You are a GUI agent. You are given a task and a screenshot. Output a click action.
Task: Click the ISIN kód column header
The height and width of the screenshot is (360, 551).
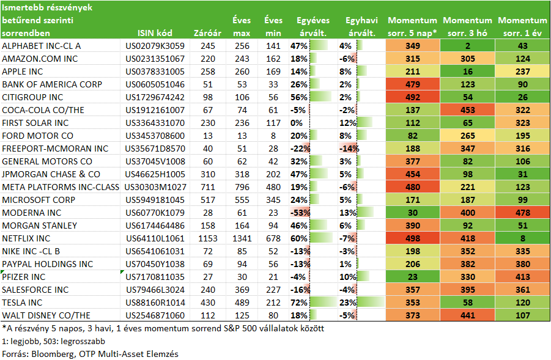(x=155, y=33)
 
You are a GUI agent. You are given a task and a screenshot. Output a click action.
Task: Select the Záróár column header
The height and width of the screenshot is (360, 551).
(x=207, y=33)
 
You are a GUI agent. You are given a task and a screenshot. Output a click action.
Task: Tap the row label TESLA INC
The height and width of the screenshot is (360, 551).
(x=22, y=303)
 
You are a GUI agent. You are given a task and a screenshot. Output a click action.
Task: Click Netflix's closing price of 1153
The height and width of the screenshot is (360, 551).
(x=208, y=238)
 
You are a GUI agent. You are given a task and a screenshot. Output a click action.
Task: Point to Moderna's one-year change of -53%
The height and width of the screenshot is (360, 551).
(x=300, y=213)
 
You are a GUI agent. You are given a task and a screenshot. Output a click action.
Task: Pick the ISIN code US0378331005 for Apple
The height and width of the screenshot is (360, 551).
(x=155, y=72)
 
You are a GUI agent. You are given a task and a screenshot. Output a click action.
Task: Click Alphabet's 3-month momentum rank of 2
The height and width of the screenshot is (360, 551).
(x=468, y=46)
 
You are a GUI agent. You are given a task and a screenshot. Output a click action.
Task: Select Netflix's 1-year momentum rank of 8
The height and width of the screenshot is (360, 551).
(x=522, y=238)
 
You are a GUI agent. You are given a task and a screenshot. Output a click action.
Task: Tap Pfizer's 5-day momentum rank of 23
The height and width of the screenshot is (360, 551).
(x=413, y=277)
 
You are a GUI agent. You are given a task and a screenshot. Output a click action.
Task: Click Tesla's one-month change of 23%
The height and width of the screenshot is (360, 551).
(x=348, y=303)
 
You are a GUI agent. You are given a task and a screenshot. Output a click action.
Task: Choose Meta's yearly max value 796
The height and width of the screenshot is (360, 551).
(x=242, y=187)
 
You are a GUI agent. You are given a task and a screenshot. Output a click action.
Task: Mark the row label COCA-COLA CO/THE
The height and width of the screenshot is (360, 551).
(x=43, y=110)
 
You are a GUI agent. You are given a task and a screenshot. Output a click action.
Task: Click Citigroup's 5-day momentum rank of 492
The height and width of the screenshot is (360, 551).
(x=413, y=97)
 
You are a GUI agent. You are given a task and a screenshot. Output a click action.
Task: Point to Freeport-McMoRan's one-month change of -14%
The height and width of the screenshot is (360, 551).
(x=349, y=149)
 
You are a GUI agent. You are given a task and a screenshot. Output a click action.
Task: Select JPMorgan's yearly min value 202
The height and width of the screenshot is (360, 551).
(x=273, y=174)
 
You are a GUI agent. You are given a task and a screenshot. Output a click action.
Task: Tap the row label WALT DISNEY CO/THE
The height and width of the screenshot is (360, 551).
(x=46, y=315)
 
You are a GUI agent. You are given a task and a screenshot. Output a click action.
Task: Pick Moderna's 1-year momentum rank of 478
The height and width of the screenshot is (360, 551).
(x=522, y=213)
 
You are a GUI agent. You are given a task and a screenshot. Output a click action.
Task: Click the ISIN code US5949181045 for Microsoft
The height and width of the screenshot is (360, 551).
(x=155, y=200)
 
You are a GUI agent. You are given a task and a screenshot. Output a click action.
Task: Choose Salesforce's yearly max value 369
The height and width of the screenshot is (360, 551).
(x=242, y=290)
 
